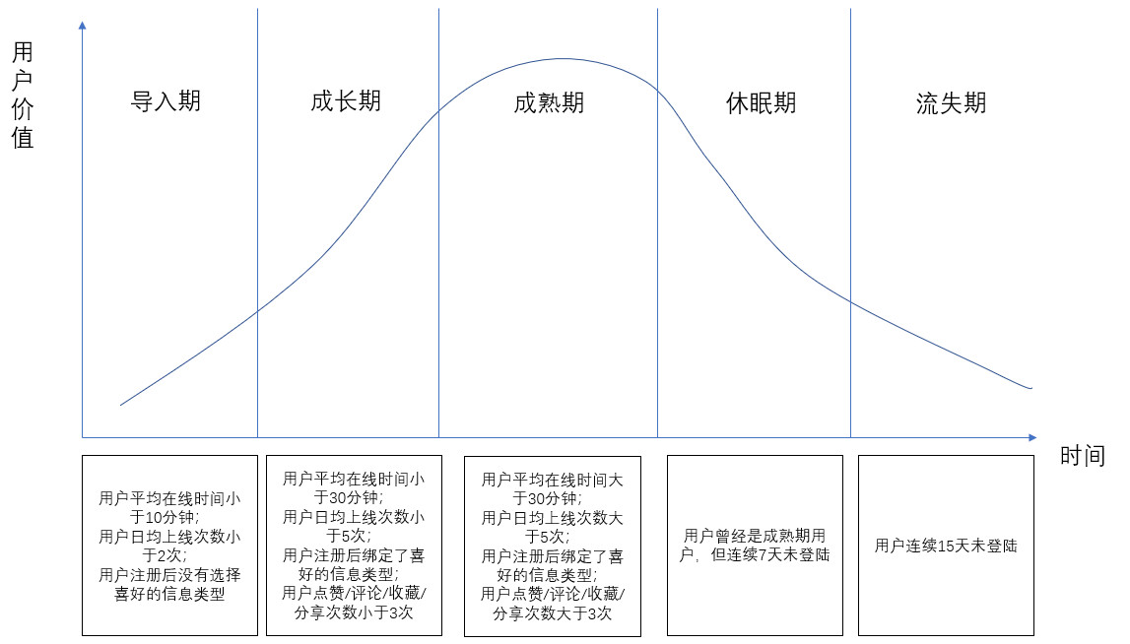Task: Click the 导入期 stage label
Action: tap(166, 100)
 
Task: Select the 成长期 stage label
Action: tap(346, 100)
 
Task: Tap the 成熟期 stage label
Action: tap(549, 103)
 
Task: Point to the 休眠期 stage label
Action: tap(761, 103)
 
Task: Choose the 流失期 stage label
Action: tap(952, 103)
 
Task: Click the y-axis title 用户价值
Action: tap(23, 95)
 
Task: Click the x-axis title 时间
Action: tap(1083, 456)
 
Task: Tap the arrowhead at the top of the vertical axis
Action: tap(82, 26)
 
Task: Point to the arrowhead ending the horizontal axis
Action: tap(1032, 437)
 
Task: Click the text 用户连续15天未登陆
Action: tap(946, 547)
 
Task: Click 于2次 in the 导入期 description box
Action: tap(165, 555)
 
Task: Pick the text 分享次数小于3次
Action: tap(354, 612)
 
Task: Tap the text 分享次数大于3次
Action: tap(552, 613)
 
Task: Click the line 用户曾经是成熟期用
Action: tap(755, 536)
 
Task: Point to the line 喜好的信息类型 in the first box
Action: tap(170, 595)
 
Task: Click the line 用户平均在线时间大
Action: tap(552, 480)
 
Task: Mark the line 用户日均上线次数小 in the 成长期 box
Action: tap(354, 517)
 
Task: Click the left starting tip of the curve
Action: tap(120, 405)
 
